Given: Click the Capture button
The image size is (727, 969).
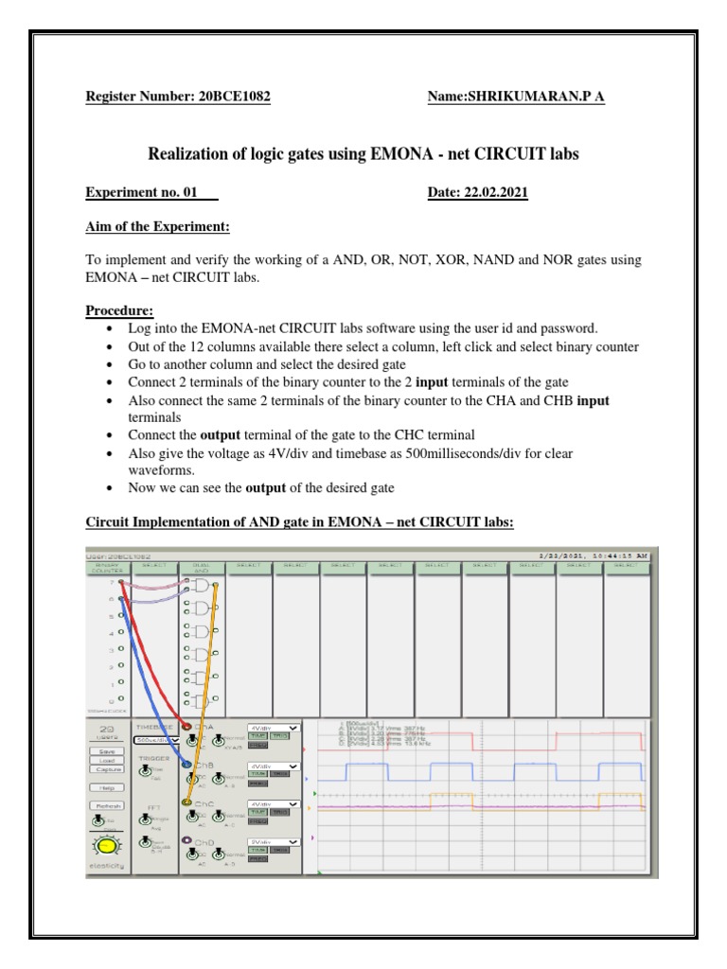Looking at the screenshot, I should (106, 768).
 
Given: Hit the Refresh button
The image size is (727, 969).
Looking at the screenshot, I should (106, 805).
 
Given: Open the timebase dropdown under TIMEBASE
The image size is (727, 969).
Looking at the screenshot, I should (154, 741).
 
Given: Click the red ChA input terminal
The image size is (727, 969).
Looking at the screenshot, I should (186, 727).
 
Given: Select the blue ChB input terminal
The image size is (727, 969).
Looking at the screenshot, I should (186, 764).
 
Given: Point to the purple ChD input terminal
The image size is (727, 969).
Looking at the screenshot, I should (186, 840).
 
